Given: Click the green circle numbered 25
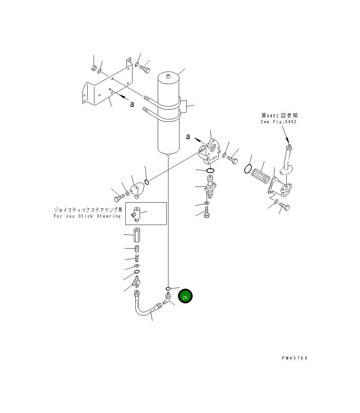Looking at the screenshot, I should coord(185,297).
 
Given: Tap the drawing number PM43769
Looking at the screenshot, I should coord(294,358).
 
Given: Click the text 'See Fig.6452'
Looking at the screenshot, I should coord(278,121).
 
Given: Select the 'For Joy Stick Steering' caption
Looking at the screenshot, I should coord(87,216).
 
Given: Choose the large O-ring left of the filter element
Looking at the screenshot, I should coord(248,168).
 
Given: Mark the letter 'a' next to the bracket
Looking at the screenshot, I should coord(132,104).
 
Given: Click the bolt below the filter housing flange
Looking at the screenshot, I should coord(284,206).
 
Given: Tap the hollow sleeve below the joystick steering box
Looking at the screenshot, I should coord(137,235).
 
